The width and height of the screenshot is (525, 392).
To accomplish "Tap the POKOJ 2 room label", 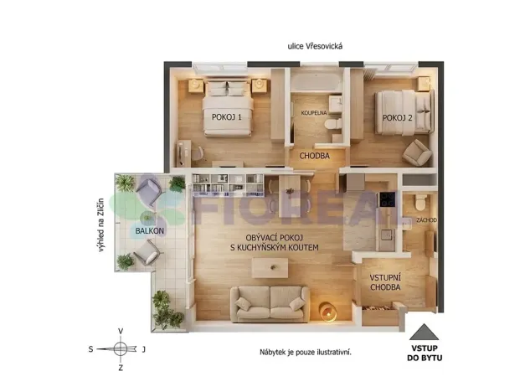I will (398, 118).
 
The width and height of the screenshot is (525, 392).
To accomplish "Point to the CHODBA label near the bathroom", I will (314, 156).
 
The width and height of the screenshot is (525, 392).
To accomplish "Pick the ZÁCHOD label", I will (426, 220).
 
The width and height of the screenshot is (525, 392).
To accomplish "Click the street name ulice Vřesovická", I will (315, 47).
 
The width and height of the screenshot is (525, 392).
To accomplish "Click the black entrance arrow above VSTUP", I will (425, 330).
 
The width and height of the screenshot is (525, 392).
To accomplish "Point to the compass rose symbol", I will (121, 348).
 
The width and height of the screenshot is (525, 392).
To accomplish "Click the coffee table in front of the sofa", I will (270, 267).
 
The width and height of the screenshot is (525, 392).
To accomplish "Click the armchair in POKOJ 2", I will (416, 152).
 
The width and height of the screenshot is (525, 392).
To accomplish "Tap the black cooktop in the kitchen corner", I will (388, 201).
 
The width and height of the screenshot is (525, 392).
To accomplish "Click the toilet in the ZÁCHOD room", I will (419, 204).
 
